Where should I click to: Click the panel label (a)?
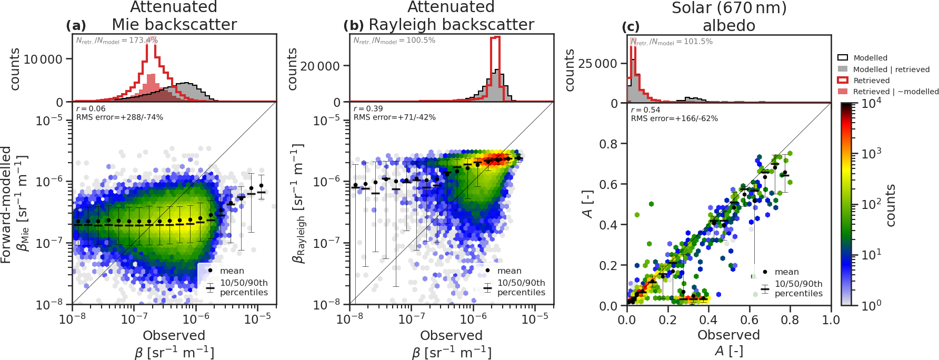pos(76,26)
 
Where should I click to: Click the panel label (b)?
pos(353,26)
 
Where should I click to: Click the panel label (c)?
pos(631,27)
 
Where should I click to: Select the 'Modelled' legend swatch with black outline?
pos(843,58)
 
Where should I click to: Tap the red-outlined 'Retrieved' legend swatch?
pos(843,81)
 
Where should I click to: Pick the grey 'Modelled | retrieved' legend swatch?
pos(843,69)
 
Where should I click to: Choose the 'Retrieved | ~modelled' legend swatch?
pos(843,92)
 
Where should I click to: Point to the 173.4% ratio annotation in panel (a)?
pos(117,41)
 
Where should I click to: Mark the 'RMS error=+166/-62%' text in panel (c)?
pos(674,118)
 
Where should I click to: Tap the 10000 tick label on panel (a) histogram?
pos(43,59)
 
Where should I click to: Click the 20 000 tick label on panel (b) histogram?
pos(320,66)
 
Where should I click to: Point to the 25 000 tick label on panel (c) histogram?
pos(597,64)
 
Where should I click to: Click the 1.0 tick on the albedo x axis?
pos(831,320)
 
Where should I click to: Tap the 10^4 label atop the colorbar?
pos(871,103)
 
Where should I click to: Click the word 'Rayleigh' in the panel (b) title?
pos(399,25)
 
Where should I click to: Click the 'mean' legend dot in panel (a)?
pos(211,271)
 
